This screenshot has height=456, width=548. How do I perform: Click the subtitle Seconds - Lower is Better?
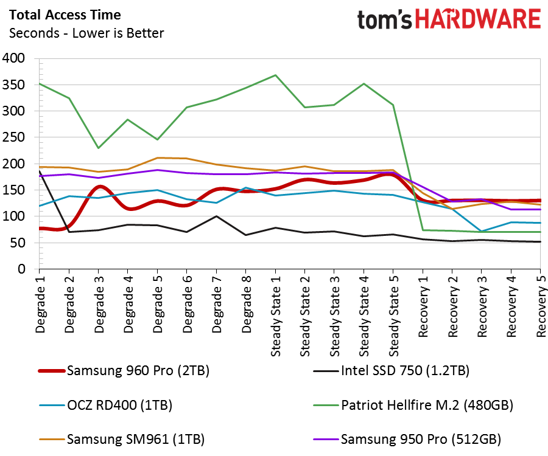(x=86, y=33)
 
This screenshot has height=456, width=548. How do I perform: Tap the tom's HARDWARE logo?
(x=449, y=20)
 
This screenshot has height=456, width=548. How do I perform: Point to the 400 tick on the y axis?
(x=14, y=58)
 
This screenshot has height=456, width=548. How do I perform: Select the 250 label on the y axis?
(x=14, y=137)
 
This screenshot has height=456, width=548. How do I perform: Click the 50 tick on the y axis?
(x=18, y=243)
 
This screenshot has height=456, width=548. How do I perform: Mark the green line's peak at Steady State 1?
(x=275, y=75)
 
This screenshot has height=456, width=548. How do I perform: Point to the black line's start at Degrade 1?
(x=40, y=171)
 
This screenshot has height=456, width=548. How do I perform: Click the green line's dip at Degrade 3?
(x=99, y=148)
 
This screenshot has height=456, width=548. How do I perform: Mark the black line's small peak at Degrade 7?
(x=216, y=216)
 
